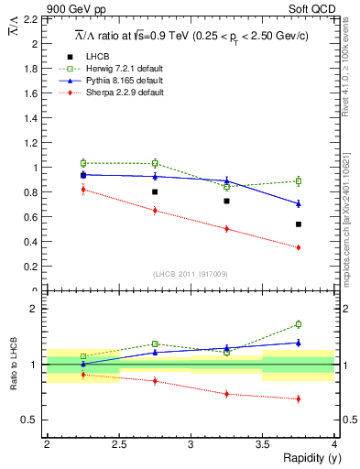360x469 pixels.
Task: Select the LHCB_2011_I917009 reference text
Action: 190,274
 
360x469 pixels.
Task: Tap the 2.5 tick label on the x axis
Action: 118,444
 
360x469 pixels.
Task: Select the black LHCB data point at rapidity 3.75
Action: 299,224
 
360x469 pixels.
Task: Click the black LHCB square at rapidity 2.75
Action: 155,192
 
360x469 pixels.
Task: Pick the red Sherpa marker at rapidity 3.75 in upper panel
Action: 299,247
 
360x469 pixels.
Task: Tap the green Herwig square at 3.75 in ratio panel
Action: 299,324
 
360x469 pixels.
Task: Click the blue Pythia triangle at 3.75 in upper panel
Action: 299,203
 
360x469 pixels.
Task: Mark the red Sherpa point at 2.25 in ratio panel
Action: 82,375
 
